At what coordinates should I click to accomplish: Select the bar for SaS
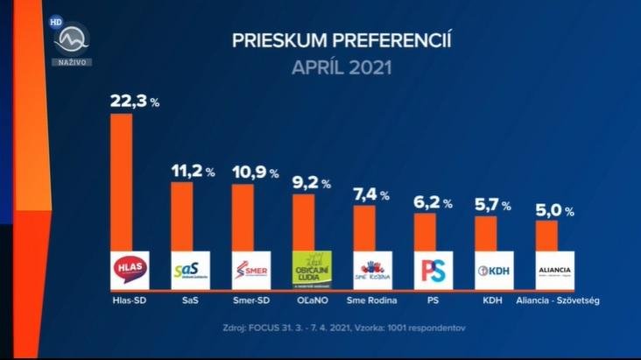click(x=182, y=215)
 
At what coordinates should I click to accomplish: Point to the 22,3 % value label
click(x=134, y=102)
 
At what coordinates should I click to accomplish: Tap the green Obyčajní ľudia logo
click(x=311, y=269)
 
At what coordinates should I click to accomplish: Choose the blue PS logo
click(x=433, y=270)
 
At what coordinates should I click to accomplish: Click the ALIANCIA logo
click(x=554, y=270)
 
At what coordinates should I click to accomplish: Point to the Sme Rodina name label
click(x=372, y=300)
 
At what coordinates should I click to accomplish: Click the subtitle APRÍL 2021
click(x=342, y=67)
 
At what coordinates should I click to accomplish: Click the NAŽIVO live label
click(x=71, y=62)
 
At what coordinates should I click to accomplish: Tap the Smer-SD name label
click(x=250, y=300)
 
